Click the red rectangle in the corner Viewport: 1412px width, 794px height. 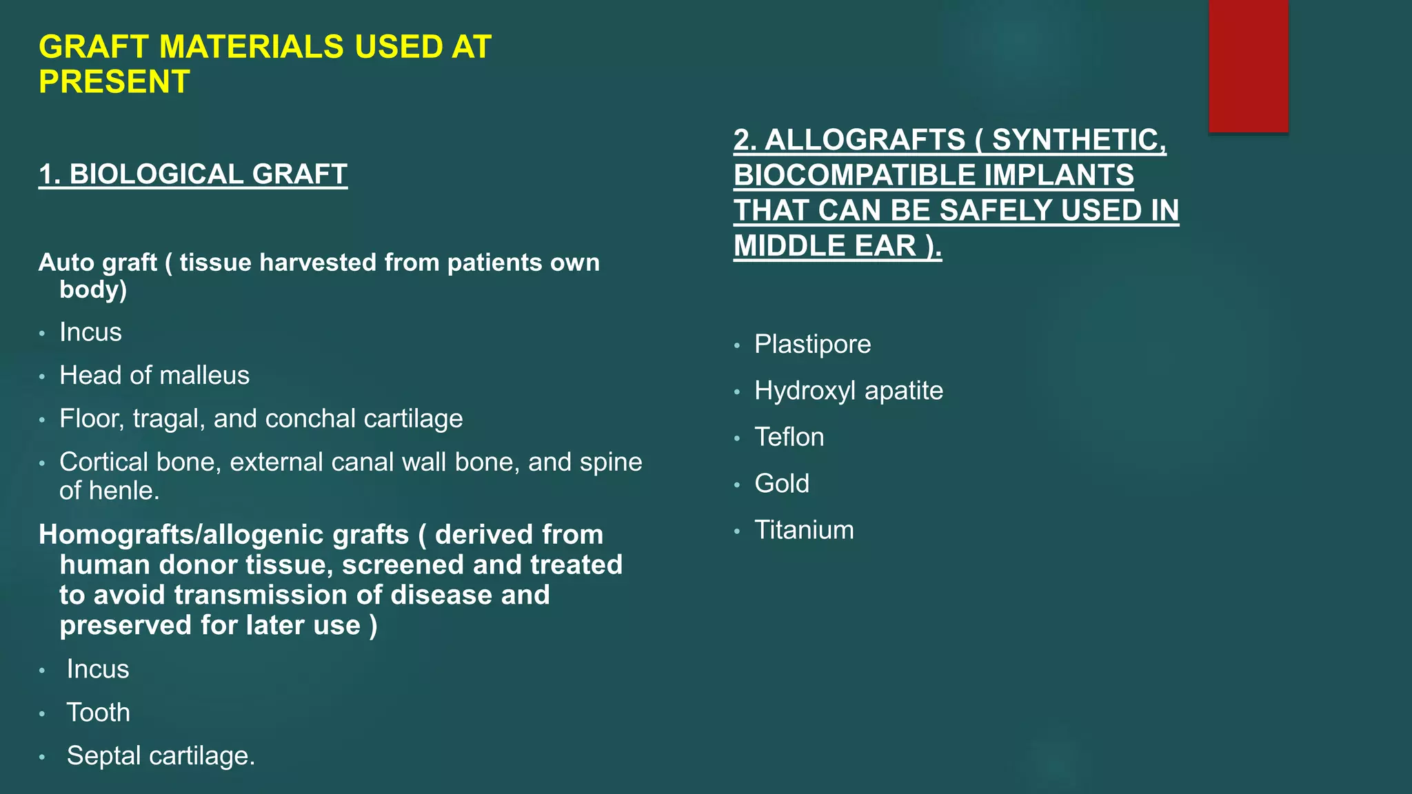tap(1248, 66)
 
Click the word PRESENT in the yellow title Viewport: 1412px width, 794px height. tap(114, 82)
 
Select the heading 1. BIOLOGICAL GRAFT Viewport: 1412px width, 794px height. tap(193, 174)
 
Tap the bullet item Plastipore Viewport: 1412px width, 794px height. tap(812, 344)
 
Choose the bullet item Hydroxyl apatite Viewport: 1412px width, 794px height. tap(848, 391)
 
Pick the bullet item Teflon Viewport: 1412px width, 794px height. tap(789, 437)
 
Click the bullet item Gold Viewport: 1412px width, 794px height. tap(781, 484)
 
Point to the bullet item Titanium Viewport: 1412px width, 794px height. tap(804, 530)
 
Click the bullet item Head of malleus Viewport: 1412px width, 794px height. tap(154, 376)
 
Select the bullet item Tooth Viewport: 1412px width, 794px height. tap(98, 713)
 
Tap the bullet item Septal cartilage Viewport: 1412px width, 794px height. tap(161, 756)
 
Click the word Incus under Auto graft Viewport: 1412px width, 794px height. tap(90, 332)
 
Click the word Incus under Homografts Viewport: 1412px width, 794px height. tap(98, 669)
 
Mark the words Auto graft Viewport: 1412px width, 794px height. tap(98, 263)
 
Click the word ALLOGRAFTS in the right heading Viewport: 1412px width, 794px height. tap(865, 140)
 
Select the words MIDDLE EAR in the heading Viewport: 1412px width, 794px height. tap(825, 246)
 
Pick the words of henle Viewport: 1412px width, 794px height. tap(109, 491)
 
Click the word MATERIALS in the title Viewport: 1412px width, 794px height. tap(251, 47)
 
